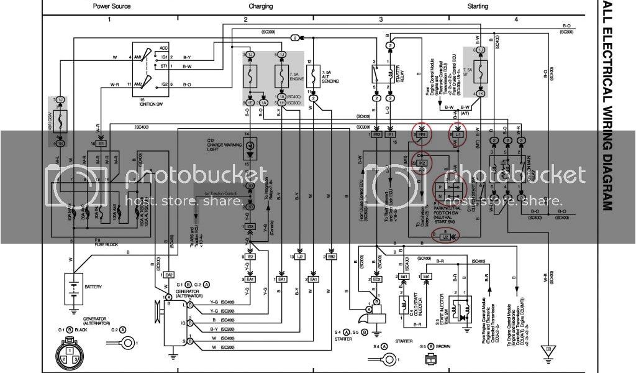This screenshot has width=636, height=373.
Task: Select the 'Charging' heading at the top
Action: [261, 6]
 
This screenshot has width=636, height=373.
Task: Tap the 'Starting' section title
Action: [478, 6]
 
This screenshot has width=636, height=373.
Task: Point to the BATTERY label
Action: [94, 287]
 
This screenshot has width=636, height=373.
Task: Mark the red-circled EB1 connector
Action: [422, 134]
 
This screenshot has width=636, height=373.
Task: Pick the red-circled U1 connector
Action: [458, 134]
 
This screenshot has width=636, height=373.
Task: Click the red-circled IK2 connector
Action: [422, 163]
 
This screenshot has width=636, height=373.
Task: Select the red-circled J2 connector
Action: [445, 237]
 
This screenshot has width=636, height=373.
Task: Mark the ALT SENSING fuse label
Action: [330, 77]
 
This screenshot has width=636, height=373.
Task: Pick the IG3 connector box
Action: [250, 226]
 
